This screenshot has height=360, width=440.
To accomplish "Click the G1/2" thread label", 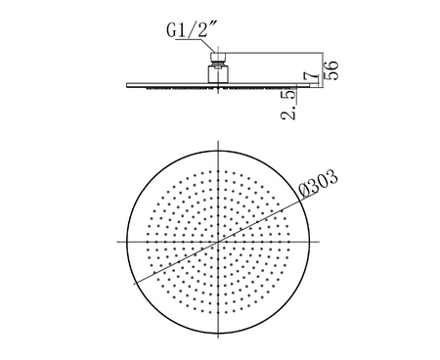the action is pyautogui.click(x=191, y=30).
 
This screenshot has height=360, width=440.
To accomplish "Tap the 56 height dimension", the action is pyautogui.click(x=332, y=70).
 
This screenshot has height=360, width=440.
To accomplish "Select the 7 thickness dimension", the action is pyautogui.click(x=311, y=77).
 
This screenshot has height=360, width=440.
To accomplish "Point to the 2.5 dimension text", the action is pyautogui.click(x=288, y=105).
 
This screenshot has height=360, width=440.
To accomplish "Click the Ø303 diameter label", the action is pyautogui.click(x=319, y=184).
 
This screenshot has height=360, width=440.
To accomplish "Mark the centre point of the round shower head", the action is pyautogui.click(x=218, y=242).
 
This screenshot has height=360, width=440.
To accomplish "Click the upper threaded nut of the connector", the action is pyautogui.click(x=218, y=58).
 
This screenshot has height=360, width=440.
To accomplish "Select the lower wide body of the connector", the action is pyautogui.click(x=218, y=74).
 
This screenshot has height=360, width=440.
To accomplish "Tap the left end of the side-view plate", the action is pyautogui.click(x=127, y=85).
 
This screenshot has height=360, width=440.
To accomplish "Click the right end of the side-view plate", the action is pyautogui.click(x=318, y=85).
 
